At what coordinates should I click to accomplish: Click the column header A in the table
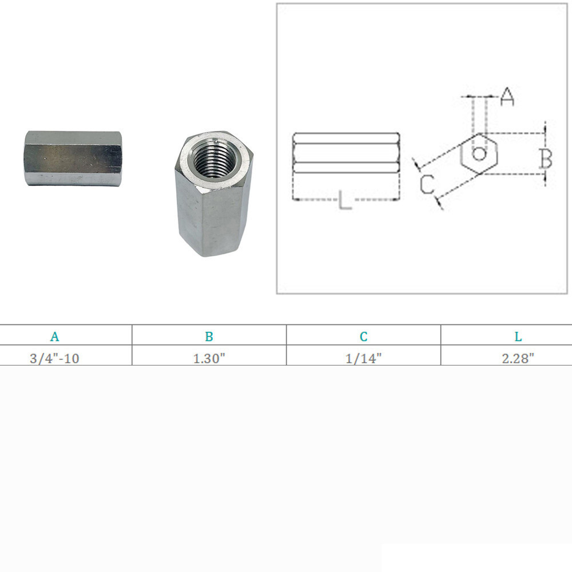[x=54, y=336]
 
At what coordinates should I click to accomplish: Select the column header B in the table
[x=209, y=336]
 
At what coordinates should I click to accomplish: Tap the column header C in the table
[x=364, y=336]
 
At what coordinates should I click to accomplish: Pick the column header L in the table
[x=518, y=336]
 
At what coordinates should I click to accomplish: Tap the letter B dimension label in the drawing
[x=546, y=160]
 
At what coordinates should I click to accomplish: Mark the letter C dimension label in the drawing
[x=427, y=185]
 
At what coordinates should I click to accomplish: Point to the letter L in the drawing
[x=345, y=201]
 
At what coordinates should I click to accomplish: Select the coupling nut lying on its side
[x=73, y=158]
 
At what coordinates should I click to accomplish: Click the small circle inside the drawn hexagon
[x=480, y=153]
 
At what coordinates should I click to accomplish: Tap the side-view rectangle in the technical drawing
[x=345, y=152]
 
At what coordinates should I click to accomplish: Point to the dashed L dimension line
[x=320, y=200]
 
